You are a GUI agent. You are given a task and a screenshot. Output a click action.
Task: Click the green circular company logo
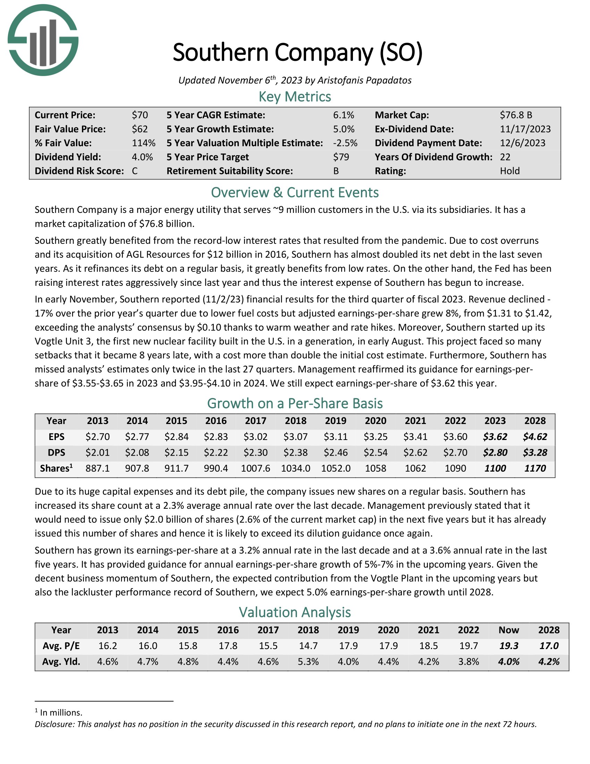pyautogui.click(x=43, y=40)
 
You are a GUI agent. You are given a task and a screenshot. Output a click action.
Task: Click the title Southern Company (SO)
pyautogui.click(x=297, y=52)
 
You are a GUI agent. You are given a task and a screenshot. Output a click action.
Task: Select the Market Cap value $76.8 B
pyautogui.click(x=516, y=115)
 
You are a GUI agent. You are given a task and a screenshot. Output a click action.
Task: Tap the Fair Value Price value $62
pyautogui.click(x=140, y=129)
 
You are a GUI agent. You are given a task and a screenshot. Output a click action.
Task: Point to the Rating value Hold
pyautogui.click(x=509, y=171)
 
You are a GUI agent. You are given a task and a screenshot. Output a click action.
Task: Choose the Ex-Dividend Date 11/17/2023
pyautogui.click(x=525, y=129)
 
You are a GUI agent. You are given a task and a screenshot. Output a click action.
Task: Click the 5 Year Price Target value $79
pyautogui.click(x=341, y=157)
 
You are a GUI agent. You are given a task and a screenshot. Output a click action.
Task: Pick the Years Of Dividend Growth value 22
pyautogui.click(x=505, y=157)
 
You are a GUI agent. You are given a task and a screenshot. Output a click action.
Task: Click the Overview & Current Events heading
pyautogui.click(x=295, y=193)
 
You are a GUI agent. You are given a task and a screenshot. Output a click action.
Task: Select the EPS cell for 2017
pyautogui.click(x=255, y=437)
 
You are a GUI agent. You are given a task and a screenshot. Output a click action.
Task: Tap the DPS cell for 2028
pyautogui.click(x=535, y=452)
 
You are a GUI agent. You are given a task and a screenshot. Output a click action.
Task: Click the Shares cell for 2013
pyautogui.click(x=98, y=468)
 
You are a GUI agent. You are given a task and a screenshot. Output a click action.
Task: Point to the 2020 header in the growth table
pyautogui.click(x=376, y=421)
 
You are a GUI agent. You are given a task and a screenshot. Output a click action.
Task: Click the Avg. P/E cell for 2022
pyautogui.click(x=469, y=646)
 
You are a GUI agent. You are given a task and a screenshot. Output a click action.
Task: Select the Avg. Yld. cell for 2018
pyautogui.click(x=308, y=662)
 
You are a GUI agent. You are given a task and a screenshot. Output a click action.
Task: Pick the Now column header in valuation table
pyautogui.click(x=508, y=630)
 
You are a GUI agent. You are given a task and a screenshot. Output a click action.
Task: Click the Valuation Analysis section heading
pyautogui.click(x=295, y=612)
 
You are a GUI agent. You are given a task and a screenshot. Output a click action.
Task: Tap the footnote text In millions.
pyautogui.click(x=61, y=713)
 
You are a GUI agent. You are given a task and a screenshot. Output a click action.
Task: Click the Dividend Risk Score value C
pyautogui.click(x=135, y=171)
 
